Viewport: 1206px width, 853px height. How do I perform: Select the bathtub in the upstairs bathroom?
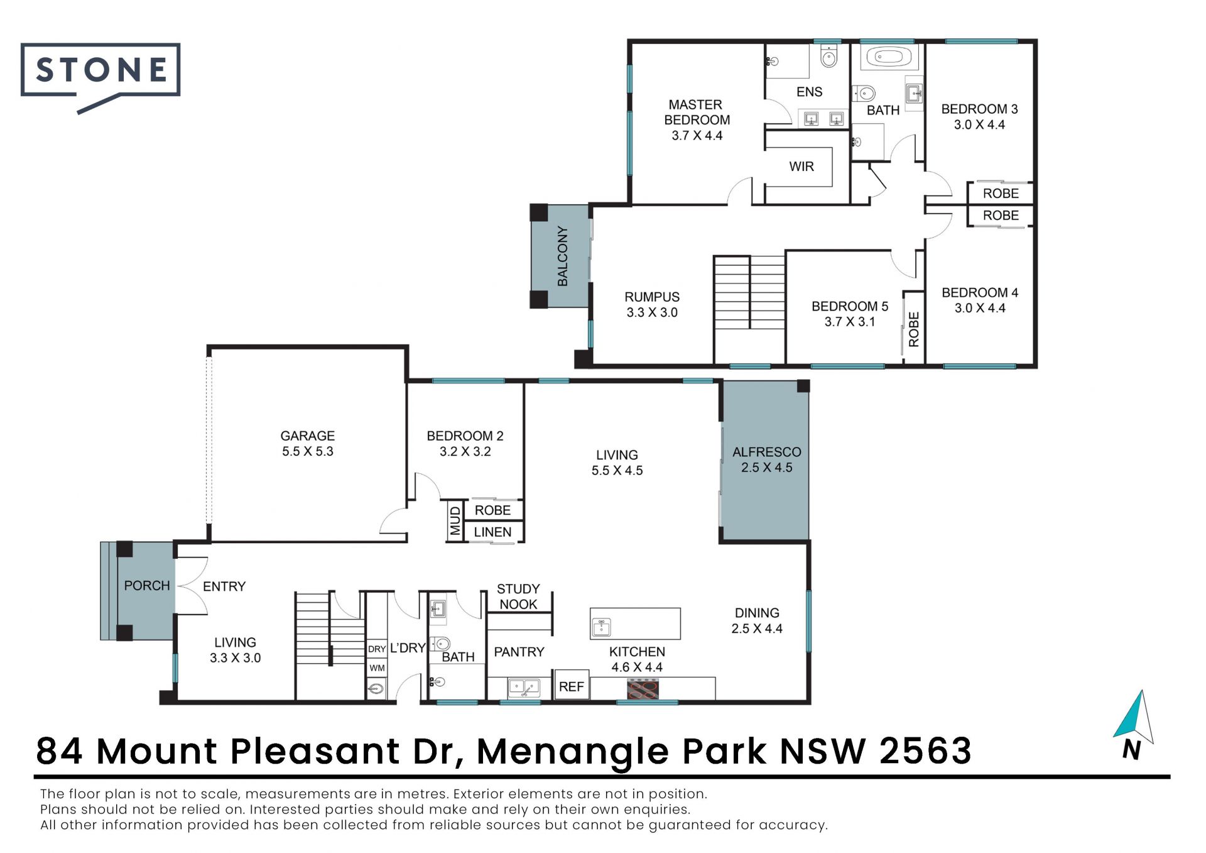(888, 57)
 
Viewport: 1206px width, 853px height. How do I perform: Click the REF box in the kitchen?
(571, 686)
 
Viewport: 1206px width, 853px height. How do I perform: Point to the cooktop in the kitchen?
(643, 690)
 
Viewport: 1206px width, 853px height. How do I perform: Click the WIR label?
(801, 167)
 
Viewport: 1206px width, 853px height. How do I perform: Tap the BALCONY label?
(562, 256)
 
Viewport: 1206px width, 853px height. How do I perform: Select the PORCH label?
(147, 586)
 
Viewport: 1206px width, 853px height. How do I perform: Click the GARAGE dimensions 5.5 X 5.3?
(307, 451)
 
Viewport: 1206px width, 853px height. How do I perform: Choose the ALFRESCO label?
(766, 452)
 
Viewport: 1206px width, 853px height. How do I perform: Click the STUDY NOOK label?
(518, 597)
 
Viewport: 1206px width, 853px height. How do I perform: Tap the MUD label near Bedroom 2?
(455, 521)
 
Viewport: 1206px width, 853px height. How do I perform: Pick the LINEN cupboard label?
(492, 532)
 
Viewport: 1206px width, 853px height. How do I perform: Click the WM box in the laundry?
(377, 668)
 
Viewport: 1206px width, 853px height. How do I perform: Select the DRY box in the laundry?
(377, 649)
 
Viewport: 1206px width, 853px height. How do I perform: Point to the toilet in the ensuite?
(829, 57)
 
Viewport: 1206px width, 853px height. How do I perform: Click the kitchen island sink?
(601, 627)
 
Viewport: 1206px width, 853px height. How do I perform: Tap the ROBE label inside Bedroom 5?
(914, 329)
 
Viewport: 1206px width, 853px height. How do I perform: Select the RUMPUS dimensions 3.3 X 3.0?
(652, 312)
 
